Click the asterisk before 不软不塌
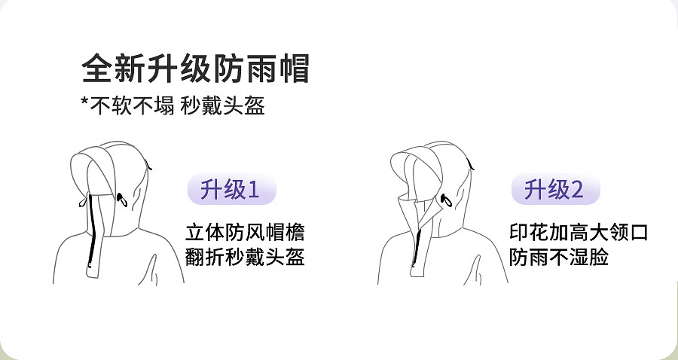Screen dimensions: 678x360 85,105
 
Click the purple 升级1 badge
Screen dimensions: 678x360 231,189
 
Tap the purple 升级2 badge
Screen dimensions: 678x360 555,189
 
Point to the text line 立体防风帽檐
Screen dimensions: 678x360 245,232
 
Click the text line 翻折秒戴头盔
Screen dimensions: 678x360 245,257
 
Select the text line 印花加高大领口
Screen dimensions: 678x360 578,232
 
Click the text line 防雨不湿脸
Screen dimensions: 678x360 558,257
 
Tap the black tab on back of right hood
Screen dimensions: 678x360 471,162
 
